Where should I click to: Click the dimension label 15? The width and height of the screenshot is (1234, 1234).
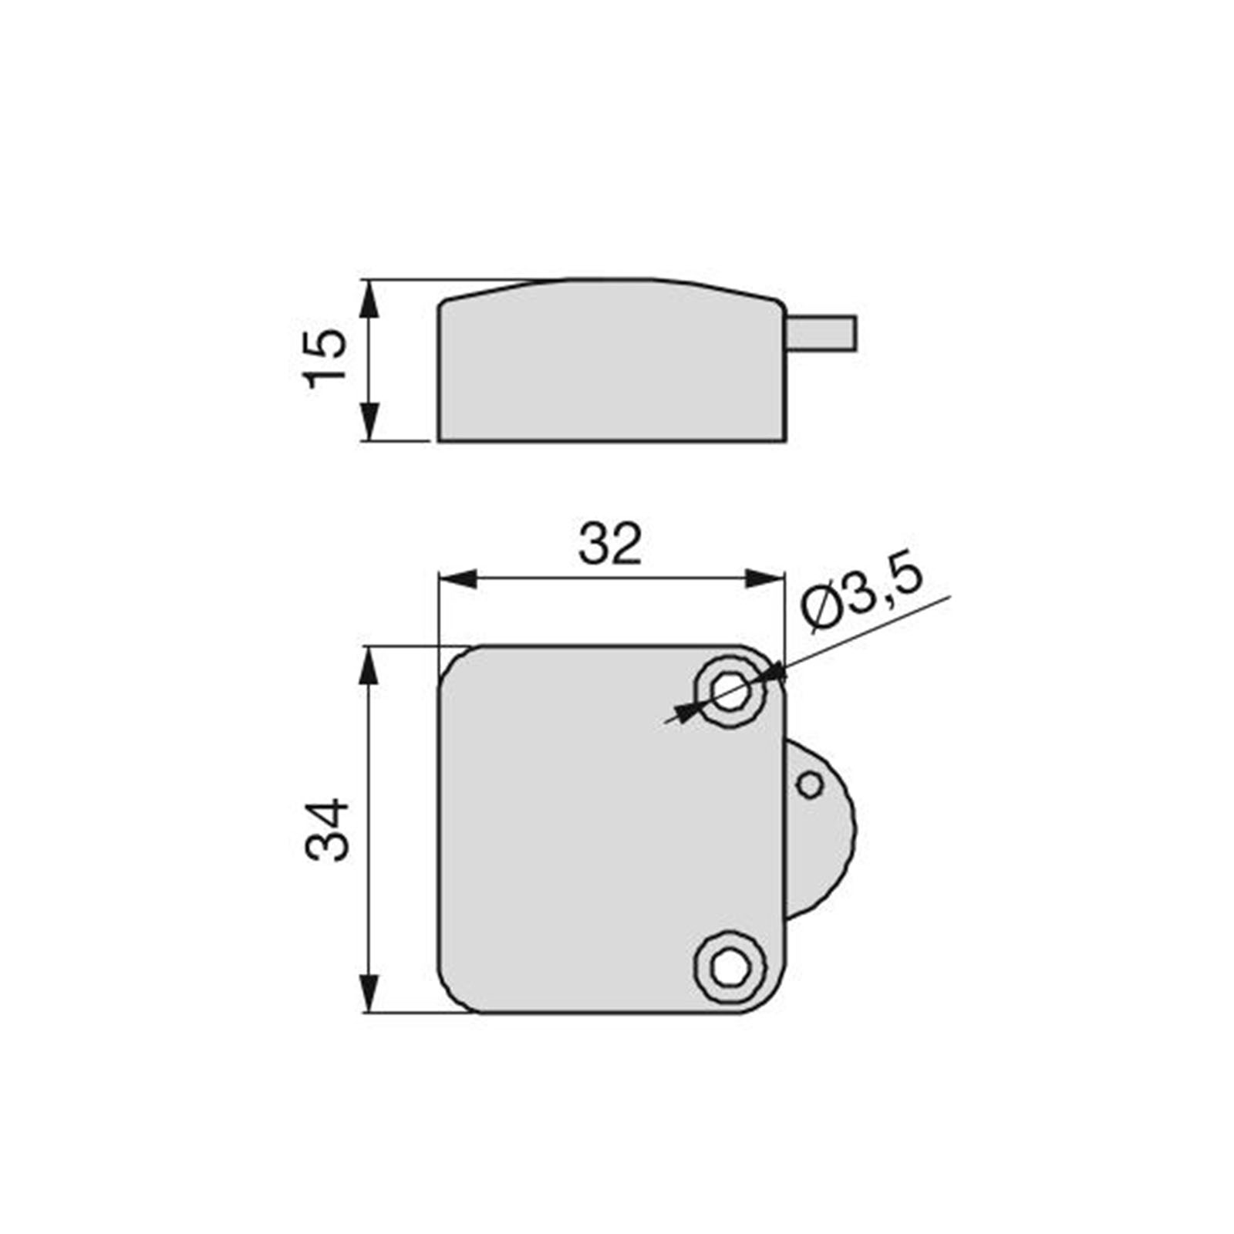[x=324, y=359]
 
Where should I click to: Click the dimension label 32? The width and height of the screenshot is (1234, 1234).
[x=609, y=544]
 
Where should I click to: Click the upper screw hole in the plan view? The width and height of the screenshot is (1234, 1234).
[x=730, y=691]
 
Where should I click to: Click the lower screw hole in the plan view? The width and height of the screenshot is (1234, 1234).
[x=730, y=968]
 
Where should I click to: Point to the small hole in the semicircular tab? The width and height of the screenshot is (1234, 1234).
[x=809, y=785]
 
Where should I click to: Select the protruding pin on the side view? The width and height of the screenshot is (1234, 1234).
[x=821, y=332]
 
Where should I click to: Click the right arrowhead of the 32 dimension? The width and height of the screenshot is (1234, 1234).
[x=766, y=578]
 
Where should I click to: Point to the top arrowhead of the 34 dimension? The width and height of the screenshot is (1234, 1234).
[x=370, y=665]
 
